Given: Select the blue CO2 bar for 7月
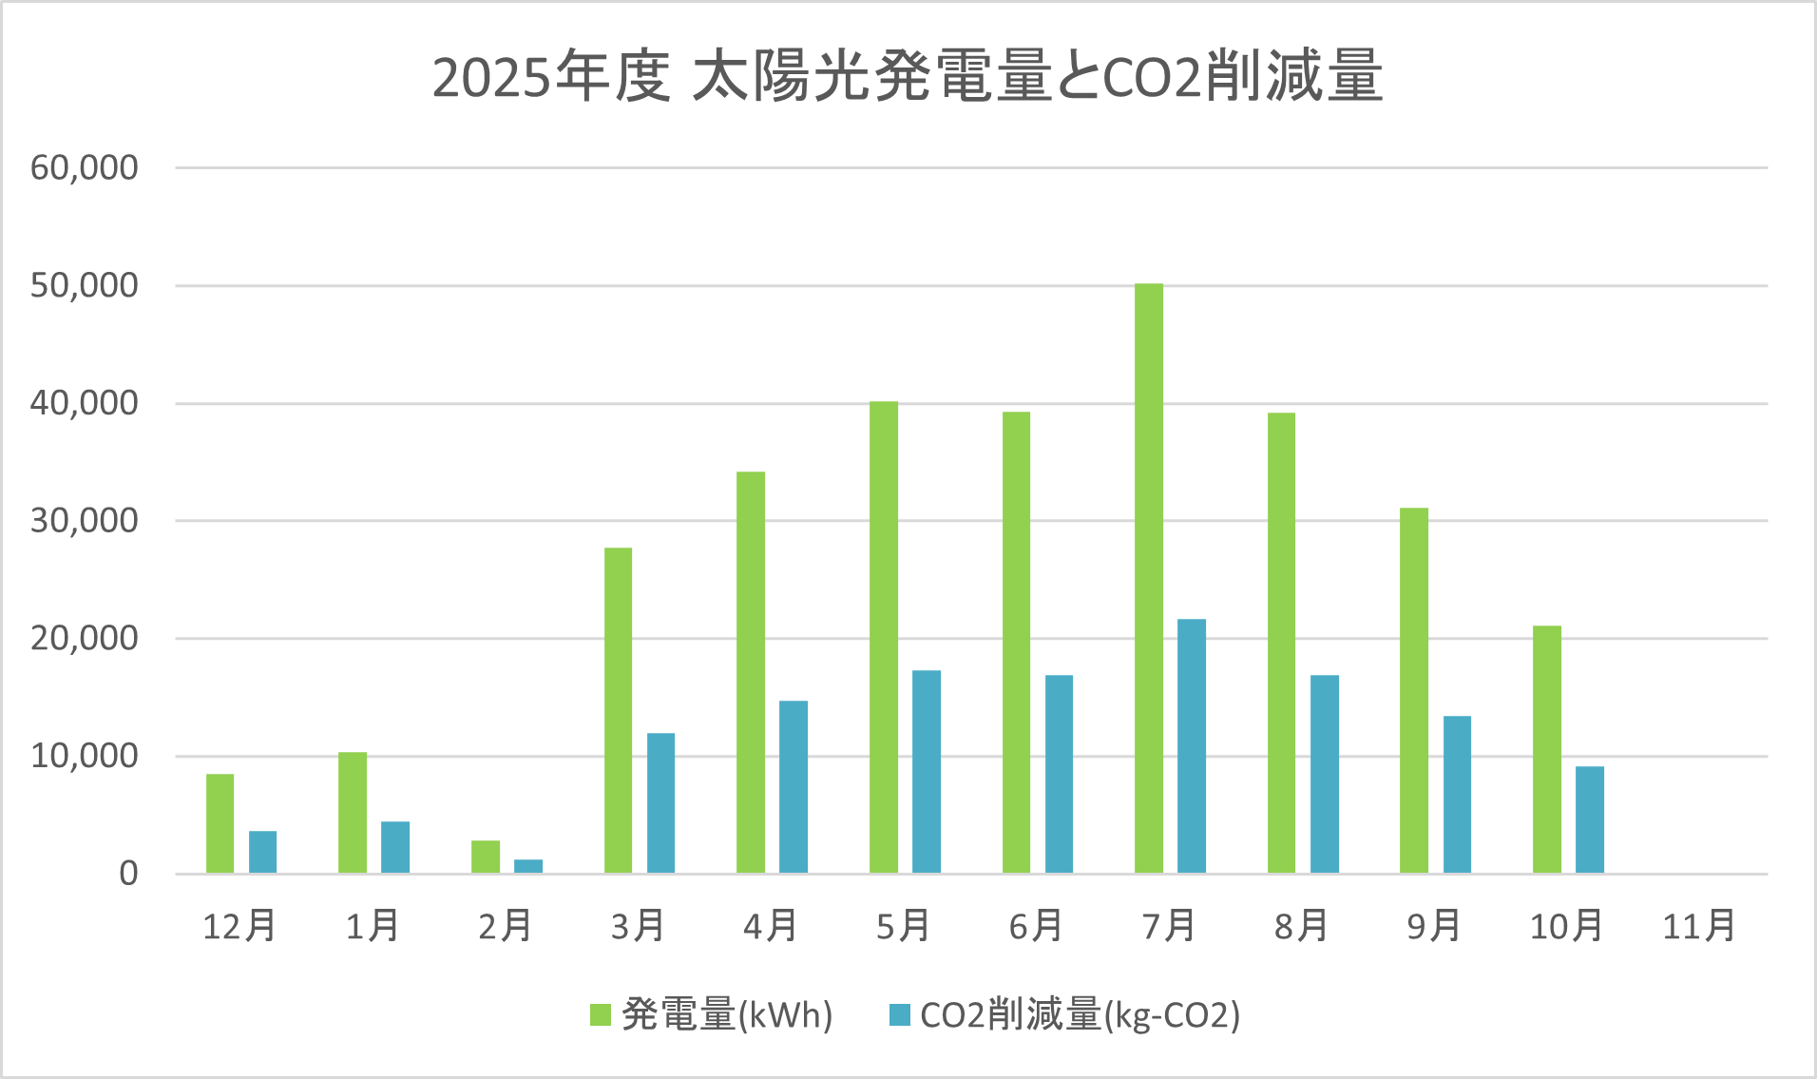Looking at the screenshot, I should tap(1192, 746).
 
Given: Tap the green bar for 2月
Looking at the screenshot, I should tap(486, 857).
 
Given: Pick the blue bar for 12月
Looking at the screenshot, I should tap(263, 852).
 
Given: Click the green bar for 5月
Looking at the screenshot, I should tap(884, 637).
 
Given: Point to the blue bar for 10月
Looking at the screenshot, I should tap(1590, 819).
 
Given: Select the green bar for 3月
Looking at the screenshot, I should tap(618, 710).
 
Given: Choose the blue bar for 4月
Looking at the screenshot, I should tap(794, 787).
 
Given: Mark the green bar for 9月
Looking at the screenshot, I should tap(1414, 690).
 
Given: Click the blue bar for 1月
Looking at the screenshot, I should tap(395, 847).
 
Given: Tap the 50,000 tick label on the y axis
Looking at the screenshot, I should tap(85, 285).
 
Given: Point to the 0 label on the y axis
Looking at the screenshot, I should tap(128, 874).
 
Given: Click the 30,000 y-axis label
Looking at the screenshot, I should tap(85, 521).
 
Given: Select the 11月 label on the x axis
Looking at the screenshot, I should tap(1698, 926).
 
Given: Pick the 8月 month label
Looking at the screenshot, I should tap(1300, 926).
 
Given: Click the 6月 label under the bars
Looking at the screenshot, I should tap(1035, 926).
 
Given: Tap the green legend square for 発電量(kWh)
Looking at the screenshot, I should tap(601, 1015).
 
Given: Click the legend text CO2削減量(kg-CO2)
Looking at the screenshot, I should tap(1080, 1015).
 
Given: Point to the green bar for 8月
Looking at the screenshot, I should tap(1281, 643).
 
